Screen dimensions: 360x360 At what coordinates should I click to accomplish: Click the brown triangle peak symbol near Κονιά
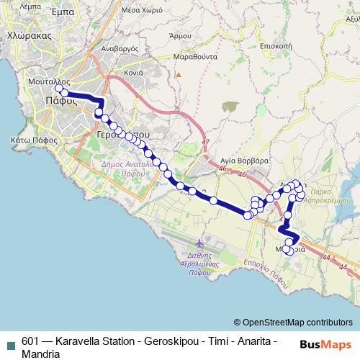178,73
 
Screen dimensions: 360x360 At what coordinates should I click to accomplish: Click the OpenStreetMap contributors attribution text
293,323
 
